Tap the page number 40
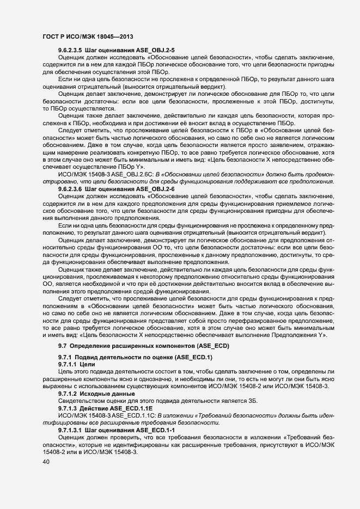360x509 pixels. point(46,462)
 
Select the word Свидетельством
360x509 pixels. point(81,401)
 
